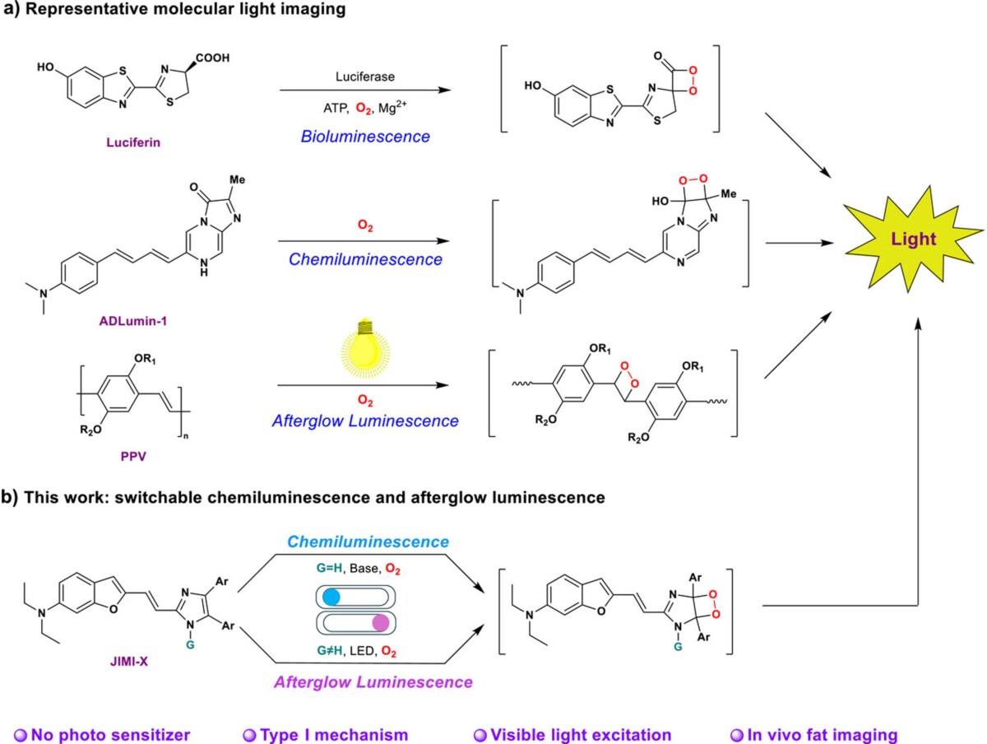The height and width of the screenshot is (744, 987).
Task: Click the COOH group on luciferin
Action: pos(210,58)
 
